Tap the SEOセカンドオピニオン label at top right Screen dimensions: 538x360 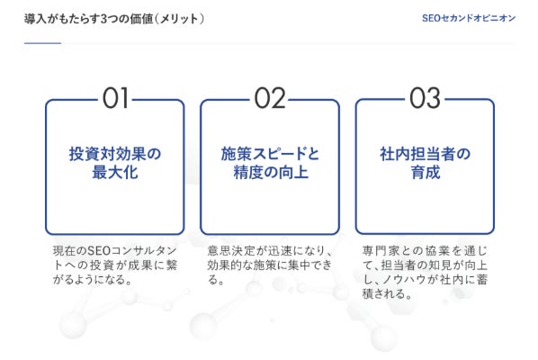pos(469,18)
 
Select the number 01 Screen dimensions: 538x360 pos(115,98)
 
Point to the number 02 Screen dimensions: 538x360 pos(270,98)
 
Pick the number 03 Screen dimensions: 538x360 pos(425,98)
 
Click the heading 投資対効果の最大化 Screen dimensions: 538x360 pos(115,163)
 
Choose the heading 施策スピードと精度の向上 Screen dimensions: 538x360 pos(270,163)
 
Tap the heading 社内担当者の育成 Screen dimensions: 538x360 pos(426,163)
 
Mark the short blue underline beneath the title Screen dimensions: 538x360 pos(42,43)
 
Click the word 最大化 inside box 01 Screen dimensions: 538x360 pos(115,172)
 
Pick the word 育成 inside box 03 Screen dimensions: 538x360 pos(426,172)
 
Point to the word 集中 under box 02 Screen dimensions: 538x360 pos(300,265)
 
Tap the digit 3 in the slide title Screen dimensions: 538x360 pos(104,19)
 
